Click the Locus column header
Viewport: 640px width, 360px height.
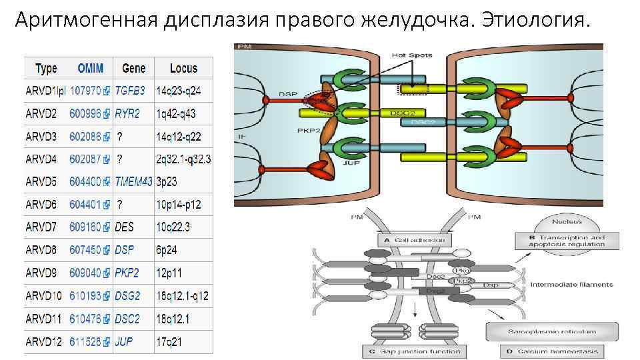coord(183,68)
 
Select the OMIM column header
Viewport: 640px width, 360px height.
coord(91,68)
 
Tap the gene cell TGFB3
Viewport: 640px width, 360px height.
coord(129,90)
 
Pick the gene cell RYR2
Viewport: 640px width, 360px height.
coord(127,114)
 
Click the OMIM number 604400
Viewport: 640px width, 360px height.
coord(85,181)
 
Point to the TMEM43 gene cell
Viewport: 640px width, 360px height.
coord(133,181)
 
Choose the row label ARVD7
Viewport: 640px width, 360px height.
coord(41,227)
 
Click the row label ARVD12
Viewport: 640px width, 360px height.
coord(44,341)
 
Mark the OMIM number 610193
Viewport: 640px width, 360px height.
coord(85,295)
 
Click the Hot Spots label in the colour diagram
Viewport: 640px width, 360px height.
coord(412,55)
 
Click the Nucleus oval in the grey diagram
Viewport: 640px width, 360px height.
coord(567,221)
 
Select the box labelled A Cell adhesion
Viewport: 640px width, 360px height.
coord(413,240)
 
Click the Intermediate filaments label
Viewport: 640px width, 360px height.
coord(571,285)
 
